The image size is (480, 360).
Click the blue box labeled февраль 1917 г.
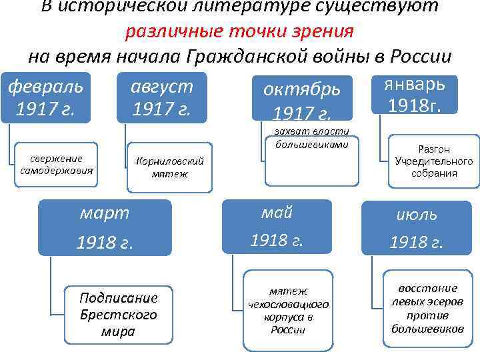click(45, 98)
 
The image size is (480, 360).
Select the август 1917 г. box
click(161, 98)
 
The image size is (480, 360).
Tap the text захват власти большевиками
click(306, 137)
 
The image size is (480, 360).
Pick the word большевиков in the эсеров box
click(427, 329)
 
